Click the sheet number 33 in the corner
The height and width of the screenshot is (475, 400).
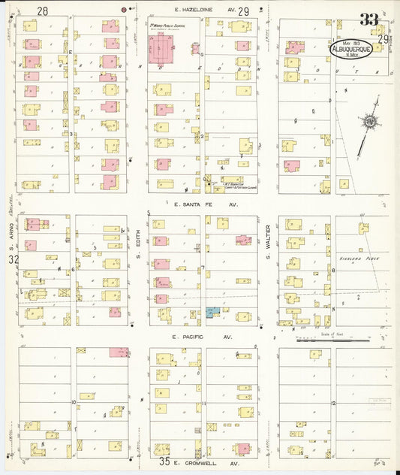click(368, 20)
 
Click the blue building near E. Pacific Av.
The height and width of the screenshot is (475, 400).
click(214, 311)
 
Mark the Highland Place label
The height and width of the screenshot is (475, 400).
click(356, 258)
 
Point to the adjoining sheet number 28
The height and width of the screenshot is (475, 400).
click(42, 11)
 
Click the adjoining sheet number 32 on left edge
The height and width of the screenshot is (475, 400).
click(13, 259)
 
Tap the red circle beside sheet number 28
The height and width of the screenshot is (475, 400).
click(125, 10)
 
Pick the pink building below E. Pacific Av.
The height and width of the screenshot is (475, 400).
click(119, 352)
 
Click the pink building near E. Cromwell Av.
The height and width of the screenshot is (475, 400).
click(242, 449)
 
